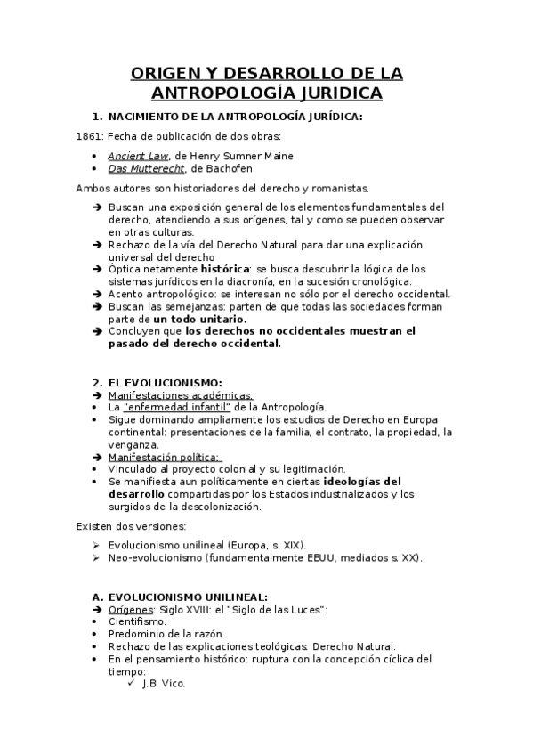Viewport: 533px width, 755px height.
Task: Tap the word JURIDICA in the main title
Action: click(335, 93)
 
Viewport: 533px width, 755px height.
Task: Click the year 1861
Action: click(89, 136)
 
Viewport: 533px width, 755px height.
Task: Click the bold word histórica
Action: click(226, 268)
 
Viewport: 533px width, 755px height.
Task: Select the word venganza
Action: click(133, 444)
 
